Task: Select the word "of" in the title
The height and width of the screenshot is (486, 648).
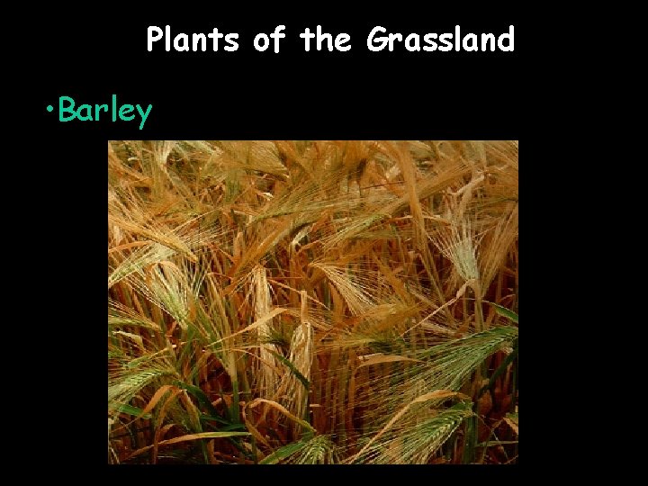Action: click(268, 40)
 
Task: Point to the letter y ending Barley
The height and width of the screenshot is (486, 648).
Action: click(143, 114)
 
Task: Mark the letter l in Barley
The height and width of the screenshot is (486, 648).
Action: click(112, 110)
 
